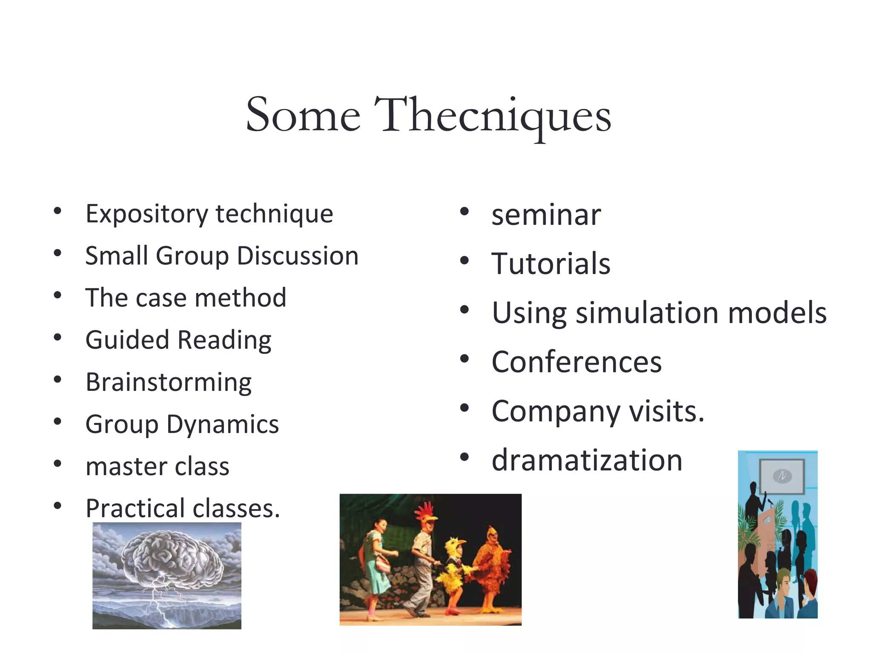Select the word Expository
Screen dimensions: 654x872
(146, 214)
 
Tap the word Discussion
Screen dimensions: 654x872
(298, 256)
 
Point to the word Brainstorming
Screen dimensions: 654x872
(169, 382)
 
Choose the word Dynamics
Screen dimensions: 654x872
(223, 424)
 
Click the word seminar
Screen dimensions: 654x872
(546, 215)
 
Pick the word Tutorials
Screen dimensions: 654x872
(551, 264)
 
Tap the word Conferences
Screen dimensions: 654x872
(577, 362)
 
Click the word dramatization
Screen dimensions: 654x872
(587, 460)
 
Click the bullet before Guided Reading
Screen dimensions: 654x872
(57, 338)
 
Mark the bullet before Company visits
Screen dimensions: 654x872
(464, 408)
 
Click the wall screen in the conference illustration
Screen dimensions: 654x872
(782, 476)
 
